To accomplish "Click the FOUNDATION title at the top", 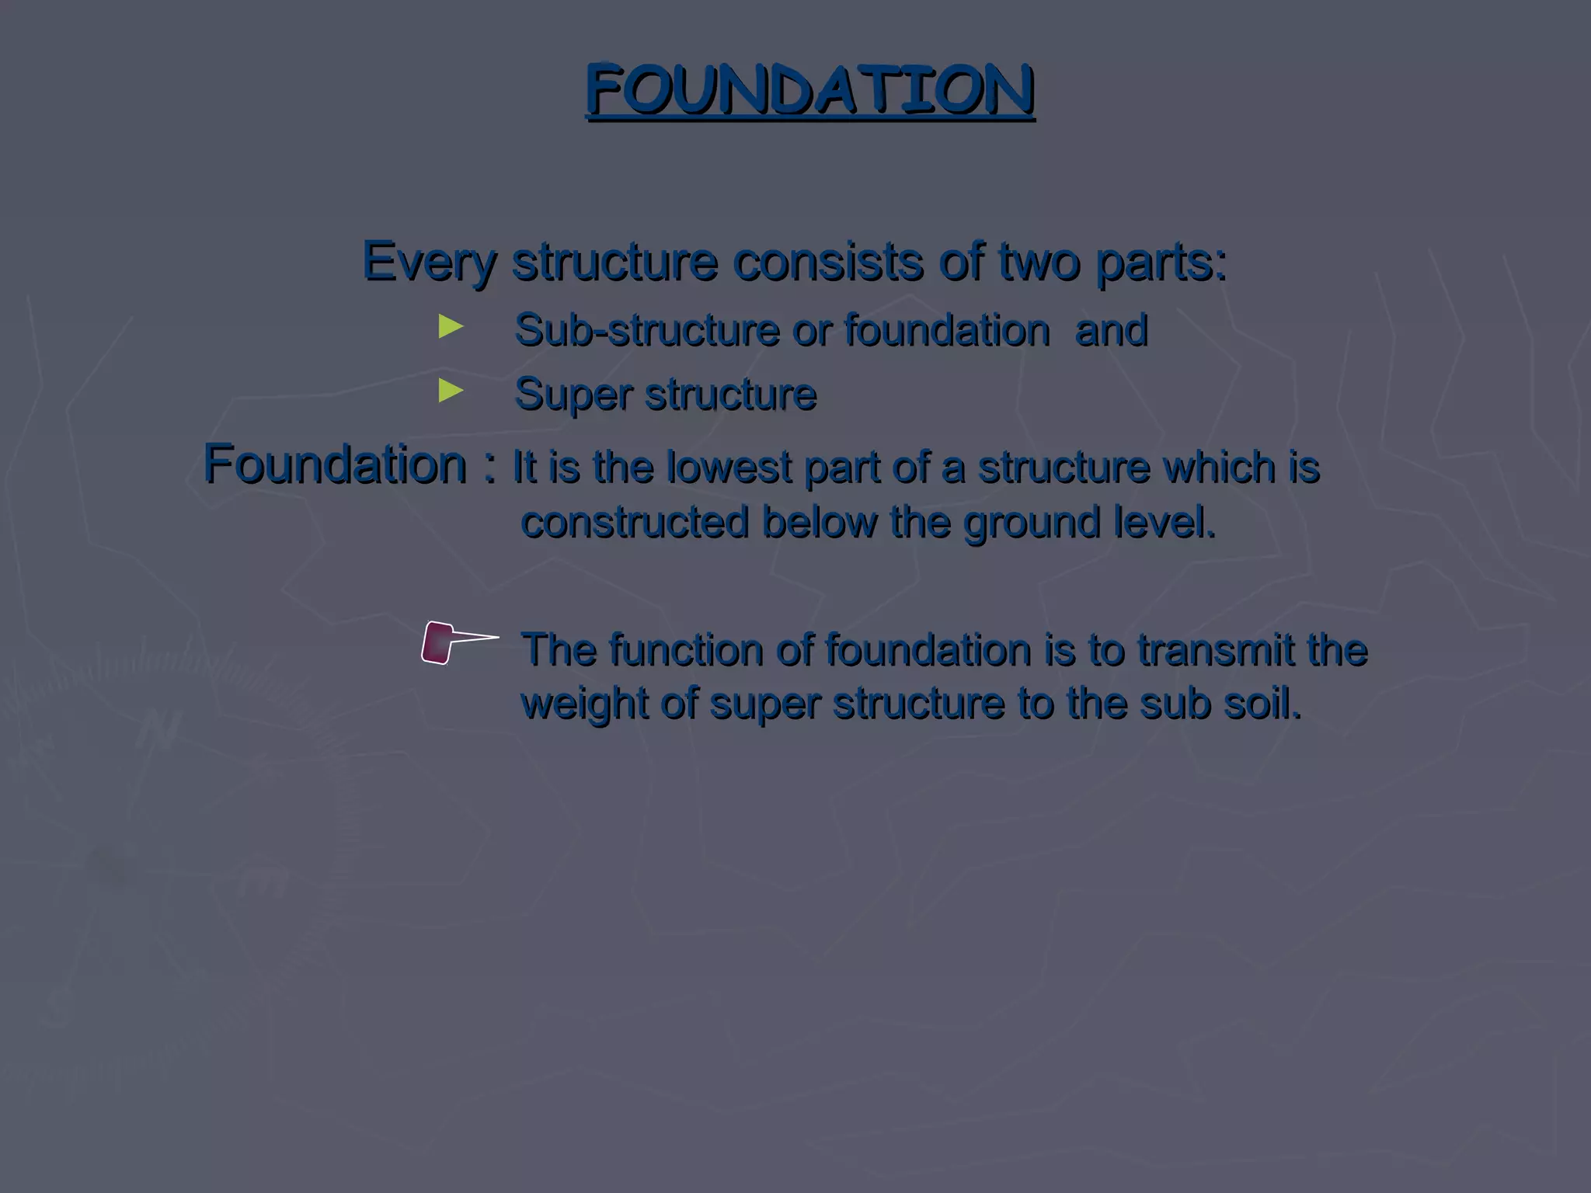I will (x=809, y=90).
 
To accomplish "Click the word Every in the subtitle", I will (x=428, y=263).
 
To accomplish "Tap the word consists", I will (x=828, y=263).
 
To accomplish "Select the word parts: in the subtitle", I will (x=1161, y=263).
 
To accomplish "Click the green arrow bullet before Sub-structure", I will (x=451, y=326).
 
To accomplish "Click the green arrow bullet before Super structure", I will (x=451, y=391).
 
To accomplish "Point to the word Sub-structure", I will (x=646, y=330).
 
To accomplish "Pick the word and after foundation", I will (x=1111, y=330).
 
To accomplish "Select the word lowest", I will (x=728, y=468).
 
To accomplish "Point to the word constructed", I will (x=634, y=522).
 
